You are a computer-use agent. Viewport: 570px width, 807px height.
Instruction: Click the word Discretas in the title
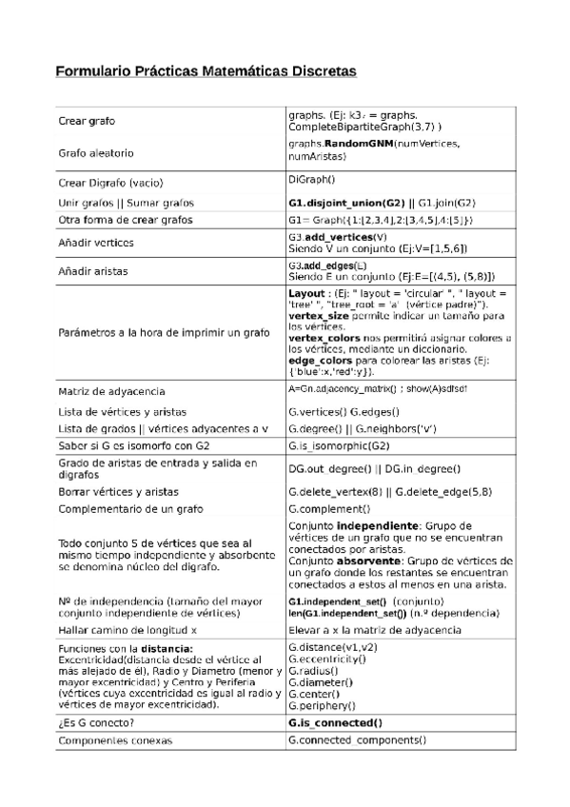318,70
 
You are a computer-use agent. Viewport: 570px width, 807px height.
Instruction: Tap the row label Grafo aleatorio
96,152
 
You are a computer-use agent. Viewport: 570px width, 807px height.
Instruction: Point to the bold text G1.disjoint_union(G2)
346,203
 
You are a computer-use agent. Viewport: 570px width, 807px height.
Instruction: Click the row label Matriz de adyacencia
111,391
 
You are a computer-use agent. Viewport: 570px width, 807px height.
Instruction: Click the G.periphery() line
322,705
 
